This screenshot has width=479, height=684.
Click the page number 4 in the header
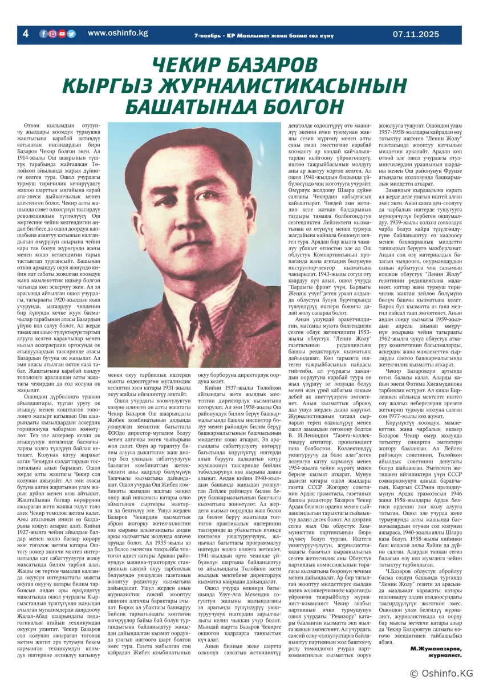(x=25, y=34)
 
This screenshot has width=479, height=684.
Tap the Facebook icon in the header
(x=43, y=34)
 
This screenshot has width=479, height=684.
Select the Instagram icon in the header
(x=52, y=34)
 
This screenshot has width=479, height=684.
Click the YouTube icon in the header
(x=62, y=34)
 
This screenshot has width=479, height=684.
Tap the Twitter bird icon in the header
(x=71, y=34)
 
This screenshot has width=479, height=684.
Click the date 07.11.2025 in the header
(x=416, y=34)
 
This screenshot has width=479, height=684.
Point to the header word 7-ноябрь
(x=208, y=34)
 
